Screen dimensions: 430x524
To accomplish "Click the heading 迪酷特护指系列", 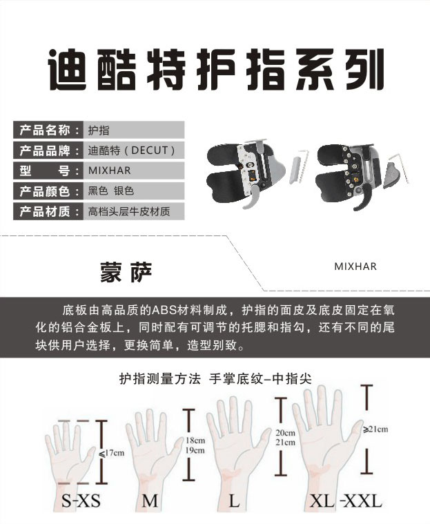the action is click(x=216, y=70).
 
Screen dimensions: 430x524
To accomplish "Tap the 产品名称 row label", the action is click(x=45, y=130).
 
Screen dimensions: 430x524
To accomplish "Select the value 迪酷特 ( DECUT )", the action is click(x=131, y=151).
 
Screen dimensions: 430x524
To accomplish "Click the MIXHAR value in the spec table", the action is click(x=109, y=171).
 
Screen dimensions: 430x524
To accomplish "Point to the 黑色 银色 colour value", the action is click(x=111, y=191).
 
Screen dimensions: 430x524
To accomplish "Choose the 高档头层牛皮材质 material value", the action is click(x=129, y=211).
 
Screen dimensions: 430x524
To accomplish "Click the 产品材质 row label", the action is click(x=45, y=211).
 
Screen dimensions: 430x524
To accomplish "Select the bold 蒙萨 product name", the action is click(x=126, y=272).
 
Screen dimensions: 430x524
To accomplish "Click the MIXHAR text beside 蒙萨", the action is click(x=355, y=266).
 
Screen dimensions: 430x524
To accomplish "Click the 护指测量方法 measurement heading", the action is click(x=160, y=378).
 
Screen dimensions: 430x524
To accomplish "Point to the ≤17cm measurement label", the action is click(x=112, y=453).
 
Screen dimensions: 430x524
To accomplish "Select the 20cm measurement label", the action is click(x=285, y=433).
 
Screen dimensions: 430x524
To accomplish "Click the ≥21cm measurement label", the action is click(x=375, y=429).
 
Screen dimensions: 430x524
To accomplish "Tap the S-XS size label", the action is click(x=81, y=501).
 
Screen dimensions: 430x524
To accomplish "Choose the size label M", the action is click(x=150, y=501).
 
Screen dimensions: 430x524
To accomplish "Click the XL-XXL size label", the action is click(x=346, y=501).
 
